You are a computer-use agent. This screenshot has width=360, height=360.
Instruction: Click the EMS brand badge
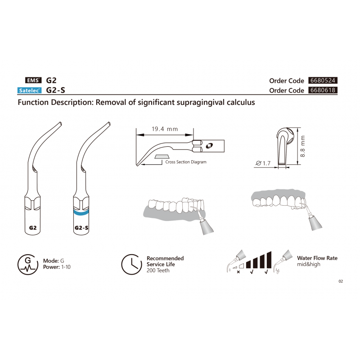(33, 80)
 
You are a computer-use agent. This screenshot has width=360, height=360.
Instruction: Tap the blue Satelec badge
(29, 90)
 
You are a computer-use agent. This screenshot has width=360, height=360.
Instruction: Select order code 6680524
(323, 81)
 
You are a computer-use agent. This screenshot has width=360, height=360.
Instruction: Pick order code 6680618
(323, 90)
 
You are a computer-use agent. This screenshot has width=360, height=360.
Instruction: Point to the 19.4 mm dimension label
(165, 129)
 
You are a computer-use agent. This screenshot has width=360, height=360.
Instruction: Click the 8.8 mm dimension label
(302, 146)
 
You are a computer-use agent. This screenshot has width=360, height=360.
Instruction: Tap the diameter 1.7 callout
(263, 163)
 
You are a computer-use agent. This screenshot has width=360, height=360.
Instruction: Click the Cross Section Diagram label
(186, 162)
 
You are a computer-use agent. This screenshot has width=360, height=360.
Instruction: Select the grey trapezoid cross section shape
(162, 157)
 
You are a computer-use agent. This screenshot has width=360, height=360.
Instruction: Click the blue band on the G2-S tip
(81, 212)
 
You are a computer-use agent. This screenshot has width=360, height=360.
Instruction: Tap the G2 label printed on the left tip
(32, 228)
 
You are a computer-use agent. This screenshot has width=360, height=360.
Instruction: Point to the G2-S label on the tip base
(81, 228)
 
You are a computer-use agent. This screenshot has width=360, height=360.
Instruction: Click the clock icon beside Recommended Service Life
(131, 264)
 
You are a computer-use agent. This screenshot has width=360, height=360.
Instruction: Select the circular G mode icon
(28, 265)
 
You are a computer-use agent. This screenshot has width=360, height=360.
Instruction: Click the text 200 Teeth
(158, 270)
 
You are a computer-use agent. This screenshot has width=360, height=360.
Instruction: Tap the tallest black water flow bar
(269, 260)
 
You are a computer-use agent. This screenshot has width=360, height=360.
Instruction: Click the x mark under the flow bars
(238, 272)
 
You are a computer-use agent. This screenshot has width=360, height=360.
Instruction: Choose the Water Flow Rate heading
(317, 258)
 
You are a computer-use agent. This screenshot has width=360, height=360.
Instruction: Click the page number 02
(341, 281)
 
